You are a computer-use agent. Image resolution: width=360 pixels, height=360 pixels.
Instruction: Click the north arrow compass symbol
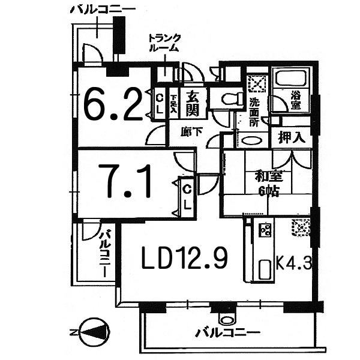(x=91, y=331)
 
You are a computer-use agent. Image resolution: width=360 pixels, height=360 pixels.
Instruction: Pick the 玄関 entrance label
(x=192, y=103)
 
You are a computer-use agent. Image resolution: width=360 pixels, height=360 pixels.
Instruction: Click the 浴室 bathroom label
(x=296, y=98)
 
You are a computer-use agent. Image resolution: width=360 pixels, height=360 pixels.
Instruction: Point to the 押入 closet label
(x=291, y=137)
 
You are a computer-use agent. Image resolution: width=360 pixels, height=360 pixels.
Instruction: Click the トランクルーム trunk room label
(x=163, y=44)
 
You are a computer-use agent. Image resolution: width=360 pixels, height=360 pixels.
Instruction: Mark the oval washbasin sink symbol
(x=251, y=142)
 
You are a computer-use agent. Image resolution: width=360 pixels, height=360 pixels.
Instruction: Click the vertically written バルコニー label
(x=106, y=252)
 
